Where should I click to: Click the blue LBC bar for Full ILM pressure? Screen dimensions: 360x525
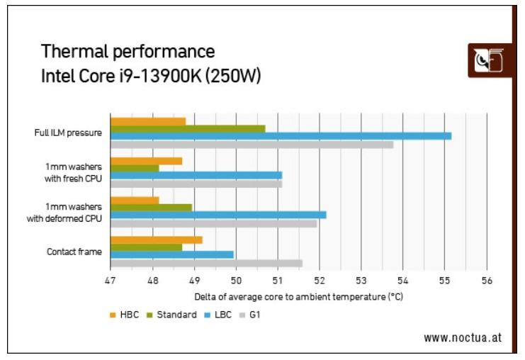(281, 135)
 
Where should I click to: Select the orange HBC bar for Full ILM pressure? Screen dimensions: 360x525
(148, 121)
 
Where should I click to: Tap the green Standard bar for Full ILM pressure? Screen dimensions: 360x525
(188, 128)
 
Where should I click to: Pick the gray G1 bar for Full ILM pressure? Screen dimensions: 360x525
(252, 144)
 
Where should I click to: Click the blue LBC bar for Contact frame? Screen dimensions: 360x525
(172, 254)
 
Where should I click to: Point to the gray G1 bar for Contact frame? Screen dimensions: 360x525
(206, 263)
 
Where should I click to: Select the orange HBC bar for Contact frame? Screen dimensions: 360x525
(157, 240)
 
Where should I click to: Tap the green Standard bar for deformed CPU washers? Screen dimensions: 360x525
(151, 208)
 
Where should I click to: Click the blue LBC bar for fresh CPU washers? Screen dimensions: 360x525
(196, 175)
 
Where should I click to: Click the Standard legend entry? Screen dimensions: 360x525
(171, 315)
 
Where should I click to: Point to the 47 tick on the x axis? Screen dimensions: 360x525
(111, 281)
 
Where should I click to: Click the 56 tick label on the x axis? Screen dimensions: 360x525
(486, 281)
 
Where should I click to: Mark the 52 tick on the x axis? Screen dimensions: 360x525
(319, 281)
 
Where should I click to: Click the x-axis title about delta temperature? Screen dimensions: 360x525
(298, 297)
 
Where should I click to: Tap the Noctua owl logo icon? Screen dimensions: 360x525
(488, 61)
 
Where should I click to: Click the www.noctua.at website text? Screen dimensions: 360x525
(463, 337)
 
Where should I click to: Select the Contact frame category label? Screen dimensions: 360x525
(74, 251)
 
